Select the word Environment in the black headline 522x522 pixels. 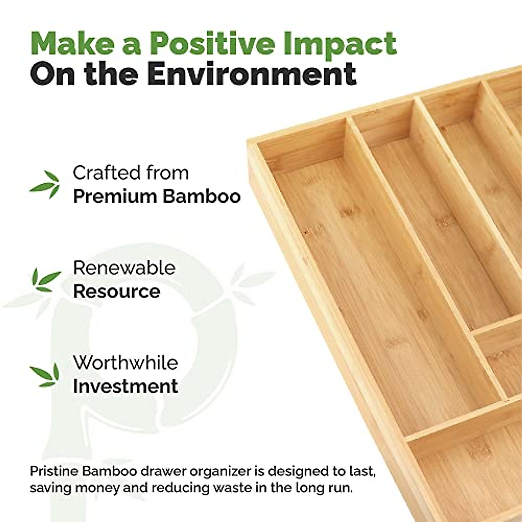tap(252, 74)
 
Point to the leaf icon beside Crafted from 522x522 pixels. tap(45, 184)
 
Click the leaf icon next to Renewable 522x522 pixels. tap(46, 280)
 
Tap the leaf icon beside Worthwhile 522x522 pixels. tap(45, 375)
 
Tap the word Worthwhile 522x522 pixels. tap(125, 362)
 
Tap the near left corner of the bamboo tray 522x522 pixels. tap(248, 141)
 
